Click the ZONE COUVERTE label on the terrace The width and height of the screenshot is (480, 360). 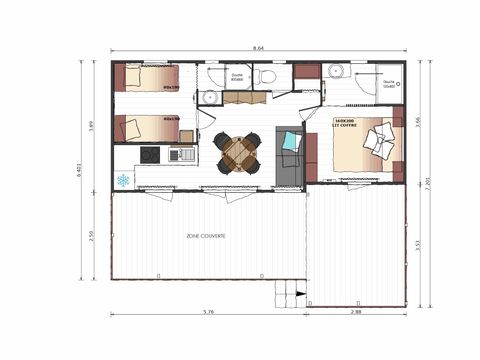pos(205,236)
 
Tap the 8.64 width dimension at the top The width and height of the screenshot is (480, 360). pos(258,47)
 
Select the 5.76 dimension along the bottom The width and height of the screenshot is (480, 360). pos(208,313)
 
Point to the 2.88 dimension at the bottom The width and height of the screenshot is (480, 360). pos(357,313)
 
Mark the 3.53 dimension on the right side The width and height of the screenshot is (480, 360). pos(417,243)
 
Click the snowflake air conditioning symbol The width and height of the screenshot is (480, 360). pos(123,180)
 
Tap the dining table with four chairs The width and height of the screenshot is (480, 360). pos(238,153)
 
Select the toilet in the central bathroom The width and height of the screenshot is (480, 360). pos(267,76)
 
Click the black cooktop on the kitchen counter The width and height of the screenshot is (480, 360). pos(149,155)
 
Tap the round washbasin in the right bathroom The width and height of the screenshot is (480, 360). pos(336,71)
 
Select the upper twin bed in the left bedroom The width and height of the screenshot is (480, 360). pos(146,78)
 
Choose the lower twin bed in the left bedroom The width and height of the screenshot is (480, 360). pos(146,128)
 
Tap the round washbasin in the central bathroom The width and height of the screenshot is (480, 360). pos(210,97)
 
